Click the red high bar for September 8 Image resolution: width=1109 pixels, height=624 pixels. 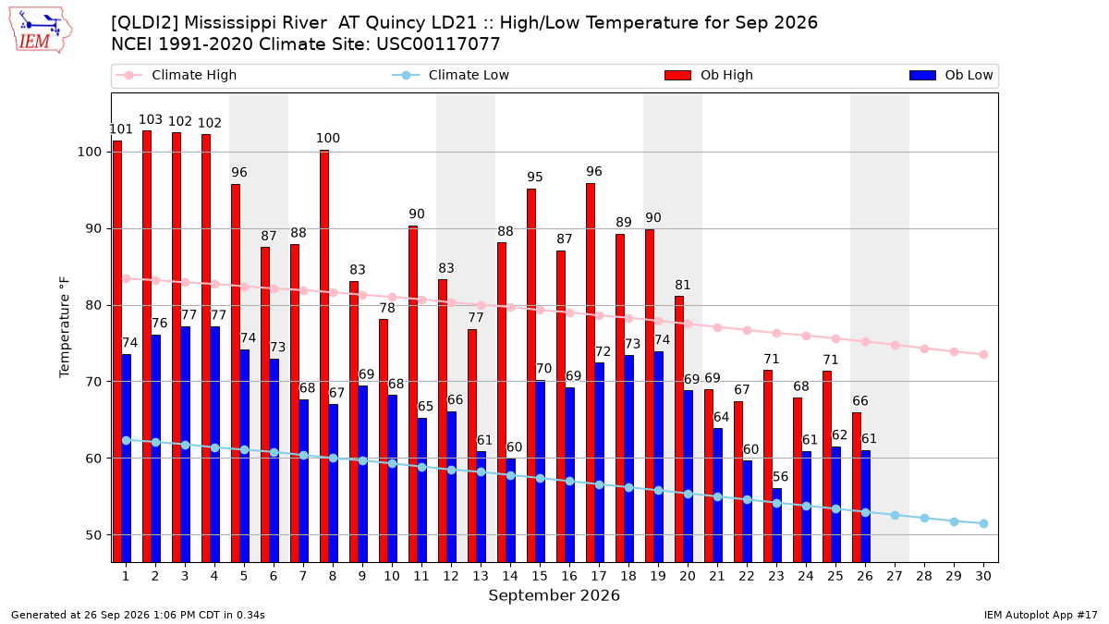324,356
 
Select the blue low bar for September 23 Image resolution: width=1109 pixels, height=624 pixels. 777,525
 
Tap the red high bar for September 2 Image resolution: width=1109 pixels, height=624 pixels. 147,346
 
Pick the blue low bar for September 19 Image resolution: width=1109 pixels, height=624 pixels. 658,457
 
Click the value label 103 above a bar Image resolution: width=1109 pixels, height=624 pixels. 151,119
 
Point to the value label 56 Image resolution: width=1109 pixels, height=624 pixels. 780,477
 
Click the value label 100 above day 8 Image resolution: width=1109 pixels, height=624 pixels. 328,138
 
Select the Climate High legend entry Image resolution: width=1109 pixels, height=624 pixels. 176,75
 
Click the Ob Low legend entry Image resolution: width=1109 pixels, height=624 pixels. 951,75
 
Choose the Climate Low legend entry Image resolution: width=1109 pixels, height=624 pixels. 451,75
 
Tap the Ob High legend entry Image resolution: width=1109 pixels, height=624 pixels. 709,75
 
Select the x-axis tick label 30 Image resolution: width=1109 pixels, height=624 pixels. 983,576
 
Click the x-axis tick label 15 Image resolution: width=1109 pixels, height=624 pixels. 540,576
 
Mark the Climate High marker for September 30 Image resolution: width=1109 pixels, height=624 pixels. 983,355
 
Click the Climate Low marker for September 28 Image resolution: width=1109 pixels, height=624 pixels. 924,518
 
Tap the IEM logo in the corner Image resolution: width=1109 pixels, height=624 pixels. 41,31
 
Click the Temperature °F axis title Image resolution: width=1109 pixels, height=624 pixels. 65,327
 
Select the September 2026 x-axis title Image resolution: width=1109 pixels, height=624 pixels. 554,595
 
